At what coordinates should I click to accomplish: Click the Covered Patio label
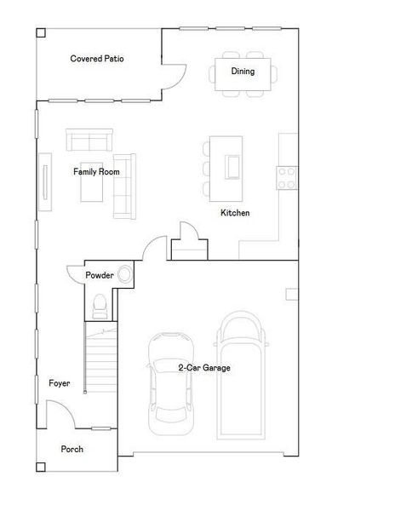point(97,59)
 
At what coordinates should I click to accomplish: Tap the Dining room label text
point(243,72)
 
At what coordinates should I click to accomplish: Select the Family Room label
point(96,171)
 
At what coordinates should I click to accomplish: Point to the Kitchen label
point(235,213)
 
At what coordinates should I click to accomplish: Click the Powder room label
point(99,275)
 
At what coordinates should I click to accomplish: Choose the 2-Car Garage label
point(204,368)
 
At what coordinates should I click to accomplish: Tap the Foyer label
point(59,384)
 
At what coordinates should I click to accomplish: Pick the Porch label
point(72,449)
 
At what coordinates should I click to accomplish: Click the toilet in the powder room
point(99,303)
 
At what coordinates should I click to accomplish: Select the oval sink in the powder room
point(124,274)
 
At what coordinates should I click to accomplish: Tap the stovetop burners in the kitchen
point(287,176)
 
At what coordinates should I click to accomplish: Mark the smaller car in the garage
point(171,381)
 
